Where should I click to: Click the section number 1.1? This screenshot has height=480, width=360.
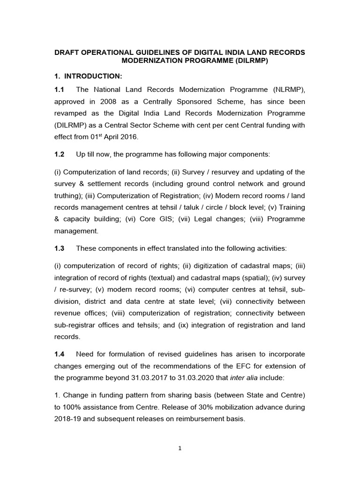[x=60, y=90]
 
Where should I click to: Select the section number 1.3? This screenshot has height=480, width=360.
[x=60, y=248]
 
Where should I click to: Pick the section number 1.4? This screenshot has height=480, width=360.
[x=60, y=355]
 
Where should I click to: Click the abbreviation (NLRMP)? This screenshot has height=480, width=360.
[x=287, y=90]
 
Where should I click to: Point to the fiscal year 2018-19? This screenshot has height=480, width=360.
[x=70, y=419]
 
